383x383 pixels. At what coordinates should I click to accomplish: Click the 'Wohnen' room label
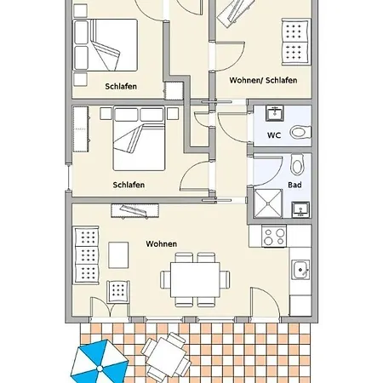point(162,243)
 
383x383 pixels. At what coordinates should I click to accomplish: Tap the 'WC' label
point(274,135)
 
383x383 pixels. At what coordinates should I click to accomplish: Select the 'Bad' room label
point(294,185)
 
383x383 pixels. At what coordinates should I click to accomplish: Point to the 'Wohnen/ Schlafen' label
point(263,80)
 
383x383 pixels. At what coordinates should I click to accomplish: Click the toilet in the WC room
point(301,133)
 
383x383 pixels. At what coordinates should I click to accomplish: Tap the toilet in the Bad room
point(298,164)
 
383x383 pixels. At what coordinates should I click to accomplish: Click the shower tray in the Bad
point(268,203)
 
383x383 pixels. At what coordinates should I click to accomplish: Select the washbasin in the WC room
point(275,113)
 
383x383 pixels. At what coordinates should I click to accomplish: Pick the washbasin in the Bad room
point(300,210)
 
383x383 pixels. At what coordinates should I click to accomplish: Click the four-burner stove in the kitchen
point(274,237)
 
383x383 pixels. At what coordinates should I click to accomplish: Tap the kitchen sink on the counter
point(300,270)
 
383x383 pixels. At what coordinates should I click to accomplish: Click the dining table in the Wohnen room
point(195,280)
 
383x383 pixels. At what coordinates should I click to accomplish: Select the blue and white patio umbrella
point(100,363)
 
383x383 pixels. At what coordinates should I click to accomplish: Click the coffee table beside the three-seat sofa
point(118,254)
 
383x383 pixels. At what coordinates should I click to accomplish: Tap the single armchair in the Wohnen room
point(118,292)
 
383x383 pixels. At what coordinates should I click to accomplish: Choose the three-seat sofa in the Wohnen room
point(86,255)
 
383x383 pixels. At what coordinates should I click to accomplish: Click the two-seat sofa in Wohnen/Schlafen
point(296,43)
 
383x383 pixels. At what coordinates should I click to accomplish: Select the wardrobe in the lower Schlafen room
point(81,129)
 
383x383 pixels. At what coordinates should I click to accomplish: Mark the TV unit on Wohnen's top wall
point(134,211)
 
